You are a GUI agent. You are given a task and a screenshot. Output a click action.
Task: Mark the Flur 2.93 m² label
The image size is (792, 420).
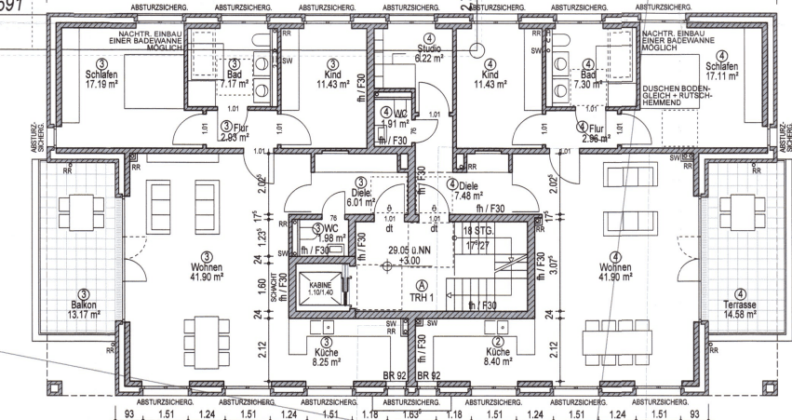231,133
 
